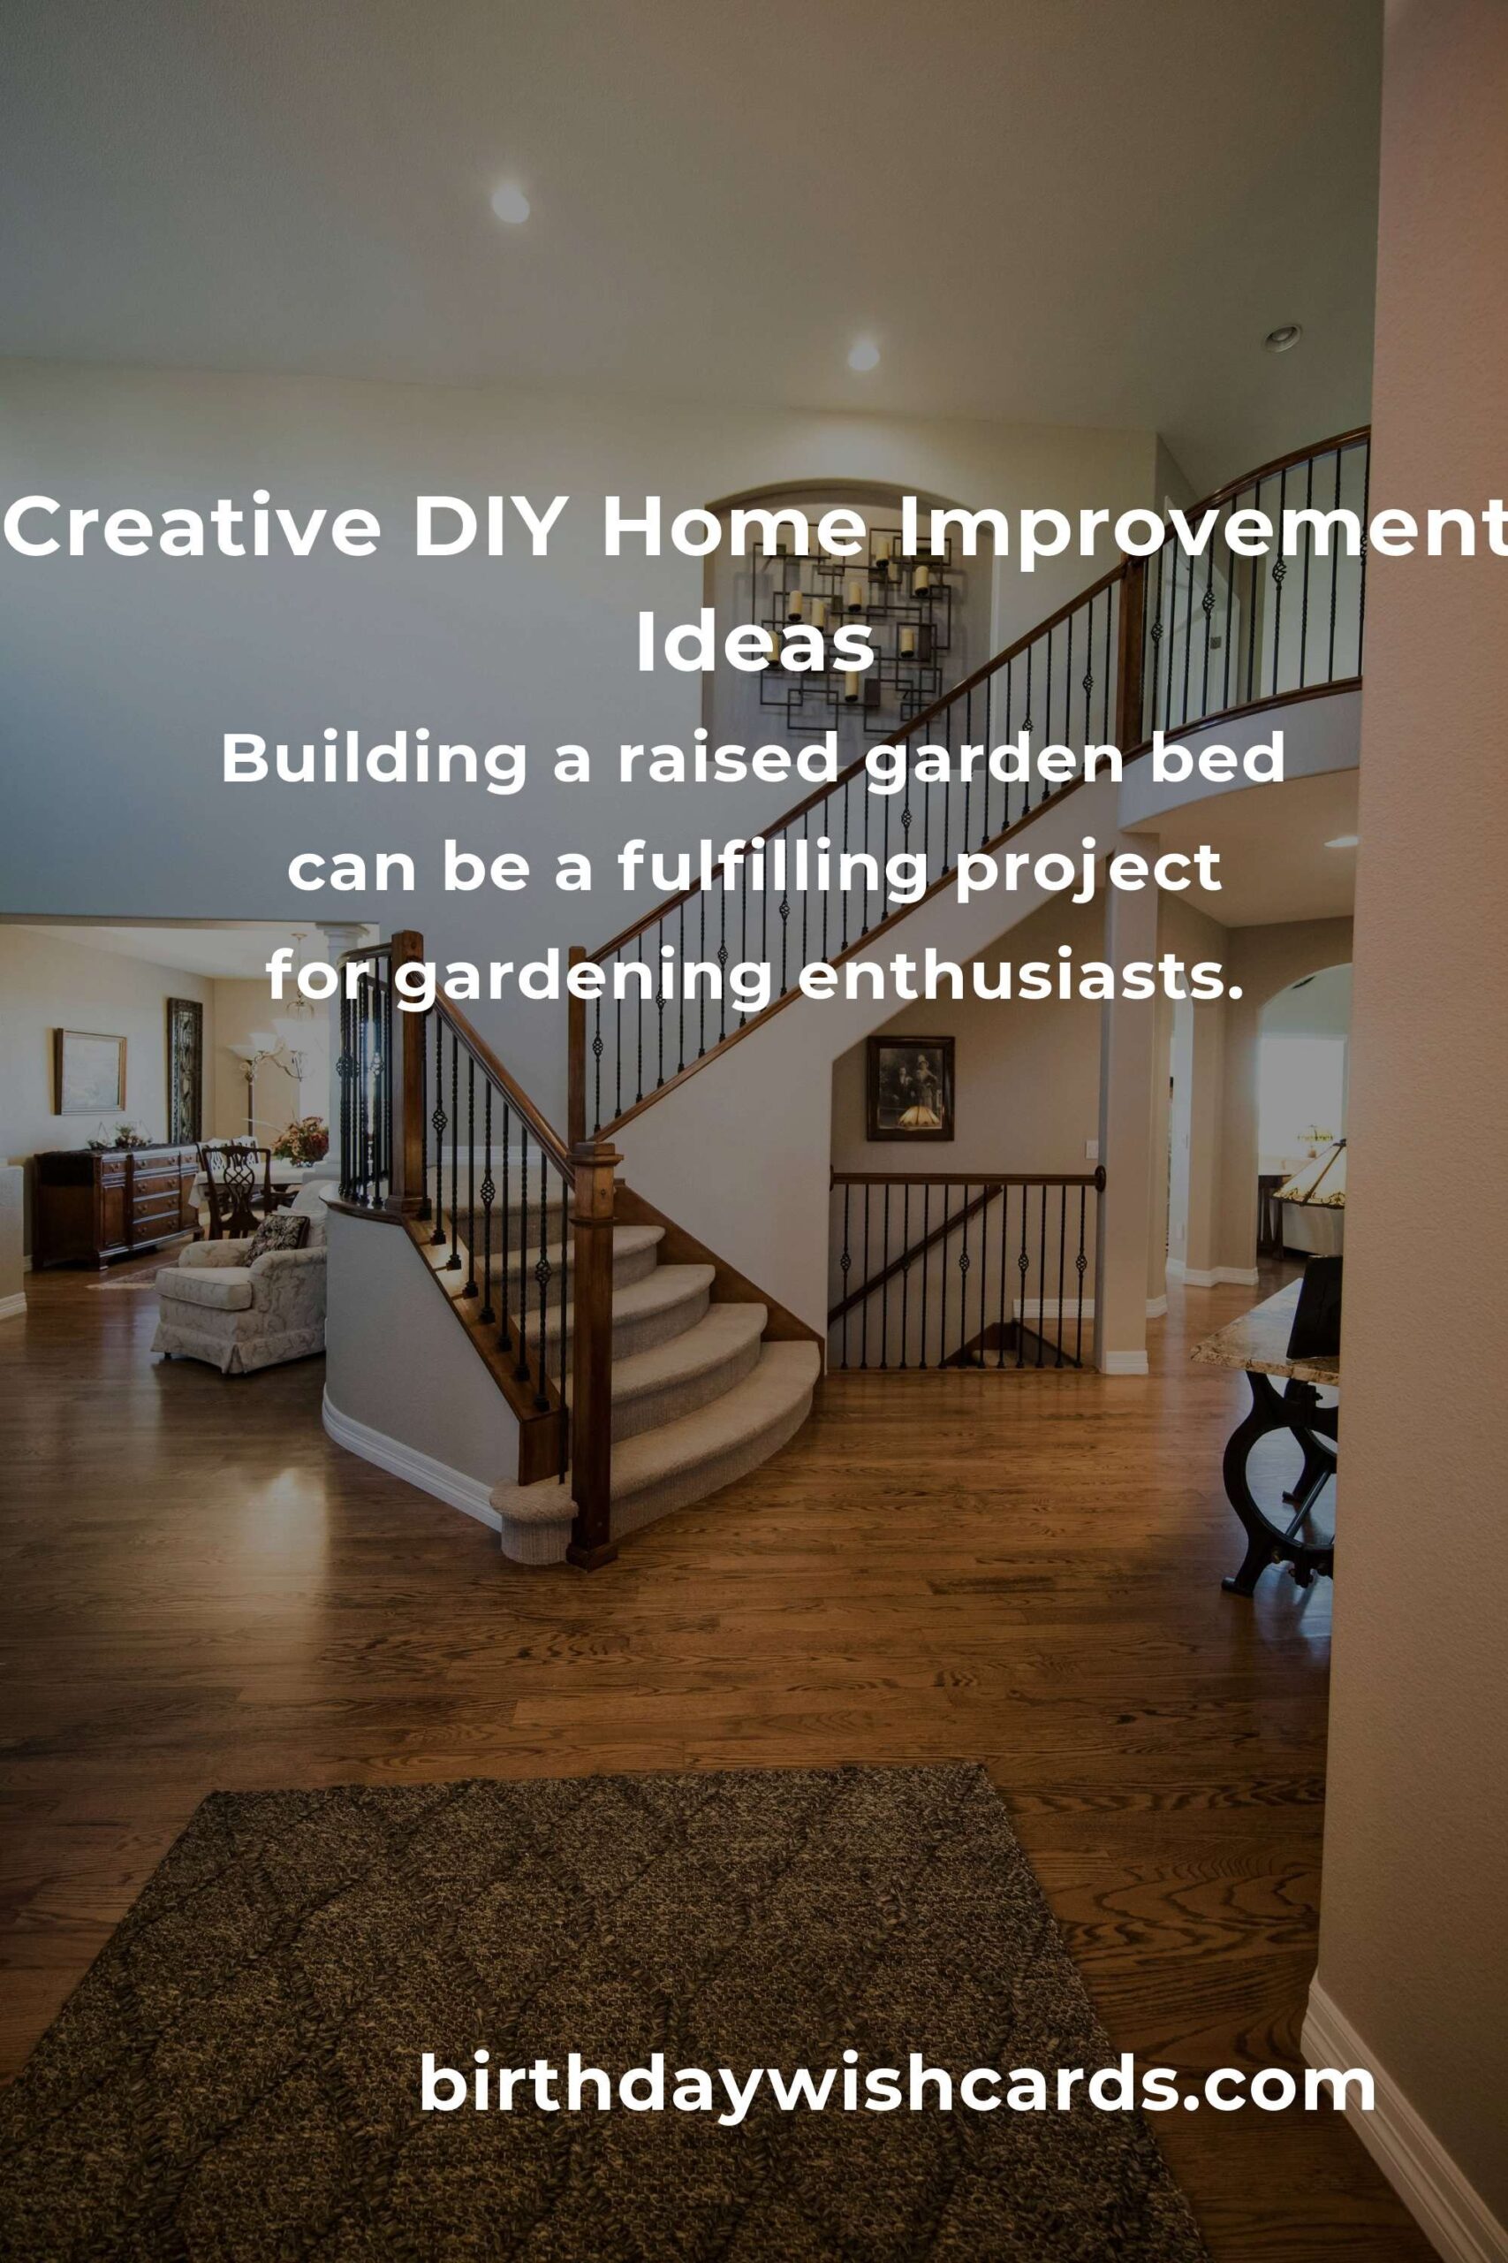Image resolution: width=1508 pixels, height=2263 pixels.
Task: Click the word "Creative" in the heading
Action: tap(193, 529)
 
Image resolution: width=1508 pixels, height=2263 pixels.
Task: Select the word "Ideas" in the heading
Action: tap(754, 644)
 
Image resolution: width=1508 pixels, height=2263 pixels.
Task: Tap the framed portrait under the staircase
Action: tap(910, 1088)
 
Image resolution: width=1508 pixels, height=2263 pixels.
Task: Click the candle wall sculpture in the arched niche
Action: tap(846, 625)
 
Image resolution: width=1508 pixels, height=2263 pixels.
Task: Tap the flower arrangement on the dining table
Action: tap(300, 1141)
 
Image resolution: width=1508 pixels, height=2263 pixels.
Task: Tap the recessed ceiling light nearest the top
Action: tap(510, 204)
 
